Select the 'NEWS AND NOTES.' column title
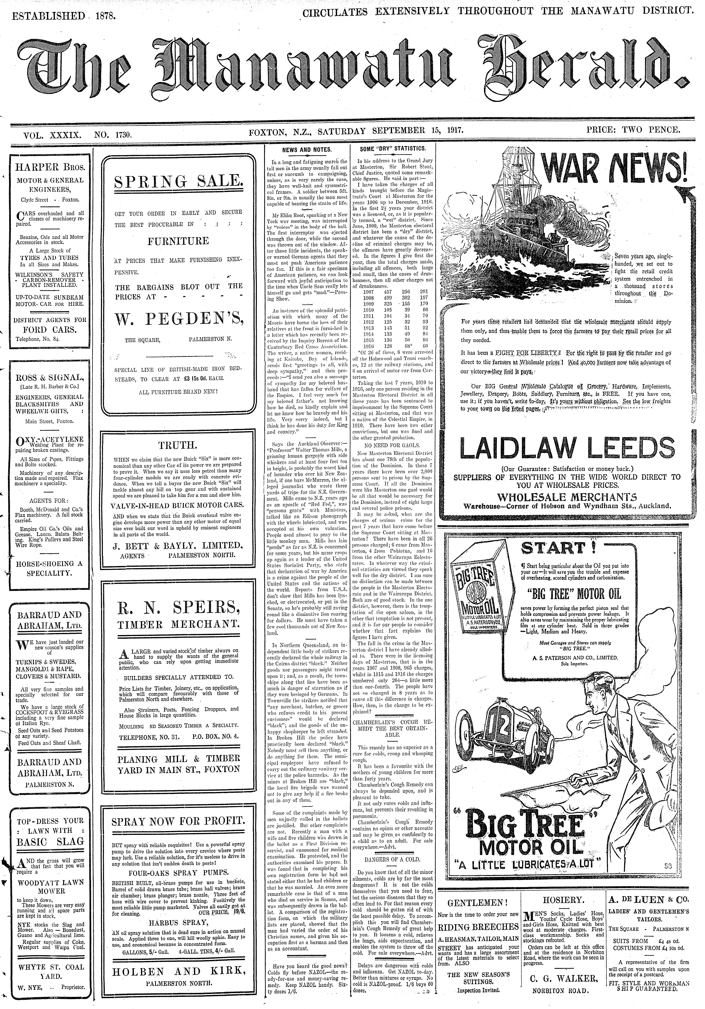point(307,149)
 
